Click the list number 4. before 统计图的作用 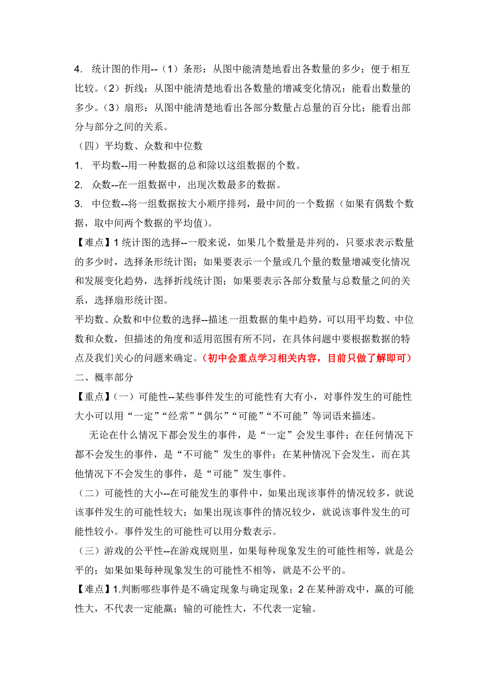pyautogui.click(x=78, y=69)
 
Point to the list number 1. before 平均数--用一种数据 pyautogui.click(x=78, y=166)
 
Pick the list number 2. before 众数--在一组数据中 pyautogui.click(x=78, y=185)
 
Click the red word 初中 pyautogui.click(x=217, y=358)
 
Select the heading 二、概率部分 pyautogui.click(x=104, y=378)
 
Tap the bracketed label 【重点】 pyautogui.click(x=94, y=397)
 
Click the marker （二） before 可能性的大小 pyautogui.click(x=89, y=493)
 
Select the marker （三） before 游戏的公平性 pyautogui.click(x=89, y=551)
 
